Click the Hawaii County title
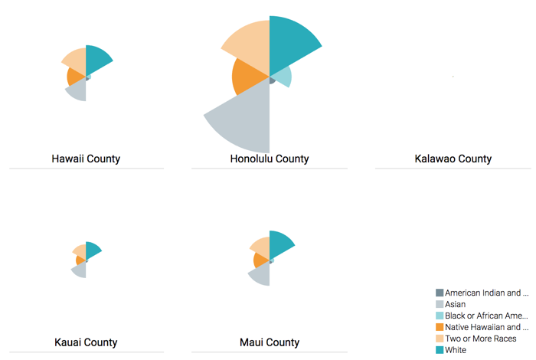[86, 159]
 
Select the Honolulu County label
[270, 159]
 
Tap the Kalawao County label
[453, 159]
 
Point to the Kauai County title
[86, 342]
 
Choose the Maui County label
[270, 342]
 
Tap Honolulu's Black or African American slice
[282, 77]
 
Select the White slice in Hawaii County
[96, 60]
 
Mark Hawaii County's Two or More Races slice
[76, 59]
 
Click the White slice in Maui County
[279, 244]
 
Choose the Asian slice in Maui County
[261, 273]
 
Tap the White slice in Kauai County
[92, 250]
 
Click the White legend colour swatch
[440, 350]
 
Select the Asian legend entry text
[455, 304]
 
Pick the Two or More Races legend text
[480, 339]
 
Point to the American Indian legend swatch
[440, 293]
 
